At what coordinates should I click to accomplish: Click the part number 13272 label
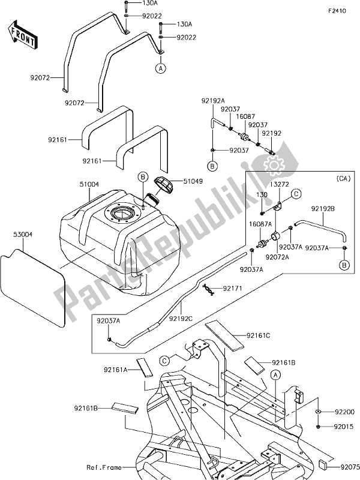[278, 185]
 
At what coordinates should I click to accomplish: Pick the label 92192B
[323, 209]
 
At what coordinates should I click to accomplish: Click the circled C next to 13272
[296, 194]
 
